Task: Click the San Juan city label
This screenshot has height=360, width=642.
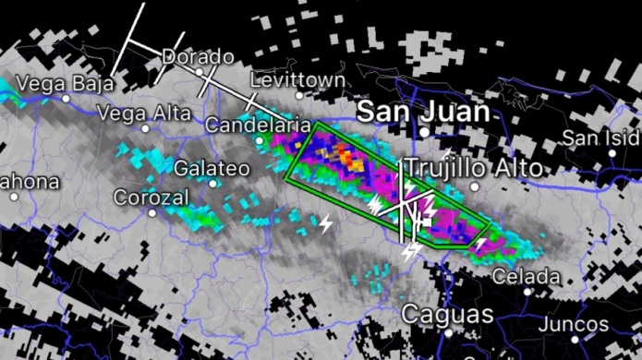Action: click(x=423, y=112)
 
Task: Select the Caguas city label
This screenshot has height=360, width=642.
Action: click(x=447, y=314)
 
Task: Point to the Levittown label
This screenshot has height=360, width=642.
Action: click(x=297, y=80)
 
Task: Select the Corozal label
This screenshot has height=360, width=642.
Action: click(x=151, y=198)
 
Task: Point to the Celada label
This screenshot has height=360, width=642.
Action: click(x=526, y=276)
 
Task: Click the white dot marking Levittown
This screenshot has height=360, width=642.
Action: click(x=298, y=94)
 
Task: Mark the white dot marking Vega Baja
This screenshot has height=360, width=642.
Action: click(x=67, y=96)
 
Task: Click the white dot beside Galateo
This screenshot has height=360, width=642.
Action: click(x=213, y=183)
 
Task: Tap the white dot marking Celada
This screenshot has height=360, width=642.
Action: click(x=527, y=291)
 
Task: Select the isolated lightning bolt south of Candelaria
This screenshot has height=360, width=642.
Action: click(x=325, y=222)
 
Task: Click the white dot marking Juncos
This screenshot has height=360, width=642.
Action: click(x=575, y=339)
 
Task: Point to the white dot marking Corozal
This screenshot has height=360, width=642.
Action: click(x=152, y=212)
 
